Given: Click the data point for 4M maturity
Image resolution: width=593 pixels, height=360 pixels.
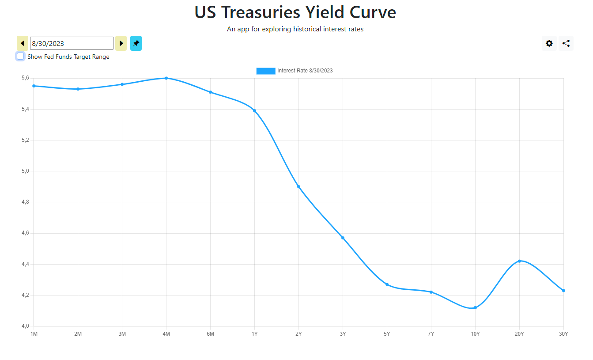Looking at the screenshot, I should (166, 78).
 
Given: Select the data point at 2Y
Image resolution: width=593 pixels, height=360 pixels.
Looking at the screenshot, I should (298, 187).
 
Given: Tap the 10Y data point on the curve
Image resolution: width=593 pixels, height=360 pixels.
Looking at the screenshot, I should (475, 308).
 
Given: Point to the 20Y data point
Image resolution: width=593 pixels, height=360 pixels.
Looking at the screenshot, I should (519, 261).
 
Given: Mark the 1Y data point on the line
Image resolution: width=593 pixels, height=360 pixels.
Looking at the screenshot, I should (254, 111).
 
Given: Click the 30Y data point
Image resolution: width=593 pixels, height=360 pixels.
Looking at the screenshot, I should (563, 291).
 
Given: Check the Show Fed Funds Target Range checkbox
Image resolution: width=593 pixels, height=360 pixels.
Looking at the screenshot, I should (20, 57).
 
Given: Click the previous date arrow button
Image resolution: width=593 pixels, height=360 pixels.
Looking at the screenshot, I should (23, 43).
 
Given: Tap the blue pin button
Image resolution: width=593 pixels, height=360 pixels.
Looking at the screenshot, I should (136, 43).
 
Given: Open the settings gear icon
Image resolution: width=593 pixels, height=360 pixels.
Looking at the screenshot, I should (549, 43).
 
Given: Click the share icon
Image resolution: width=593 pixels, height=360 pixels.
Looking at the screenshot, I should (566, 43).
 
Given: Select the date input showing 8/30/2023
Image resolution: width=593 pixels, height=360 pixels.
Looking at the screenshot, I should (72, 43).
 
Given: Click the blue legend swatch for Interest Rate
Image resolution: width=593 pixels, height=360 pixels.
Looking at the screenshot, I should (265, 71).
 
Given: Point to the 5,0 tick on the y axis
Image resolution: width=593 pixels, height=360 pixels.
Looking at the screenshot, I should (25, 171).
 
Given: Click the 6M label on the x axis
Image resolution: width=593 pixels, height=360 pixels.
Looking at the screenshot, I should (210, 334).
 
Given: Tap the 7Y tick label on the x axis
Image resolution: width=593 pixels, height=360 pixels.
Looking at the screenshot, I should (431, 334).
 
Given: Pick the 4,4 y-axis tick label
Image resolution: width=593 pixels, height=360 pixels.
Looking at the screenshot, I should (25, 264).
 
